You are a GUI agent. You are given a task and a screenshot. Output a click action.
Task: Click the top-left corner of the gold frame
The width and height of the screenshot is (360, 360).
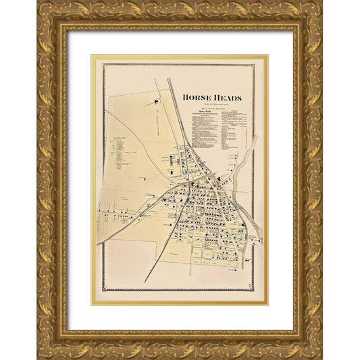click(38, 2)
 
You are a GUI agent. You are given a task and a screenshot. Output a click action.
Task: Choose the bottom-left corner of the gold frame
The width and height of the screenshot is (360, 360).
click(38, 357)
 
